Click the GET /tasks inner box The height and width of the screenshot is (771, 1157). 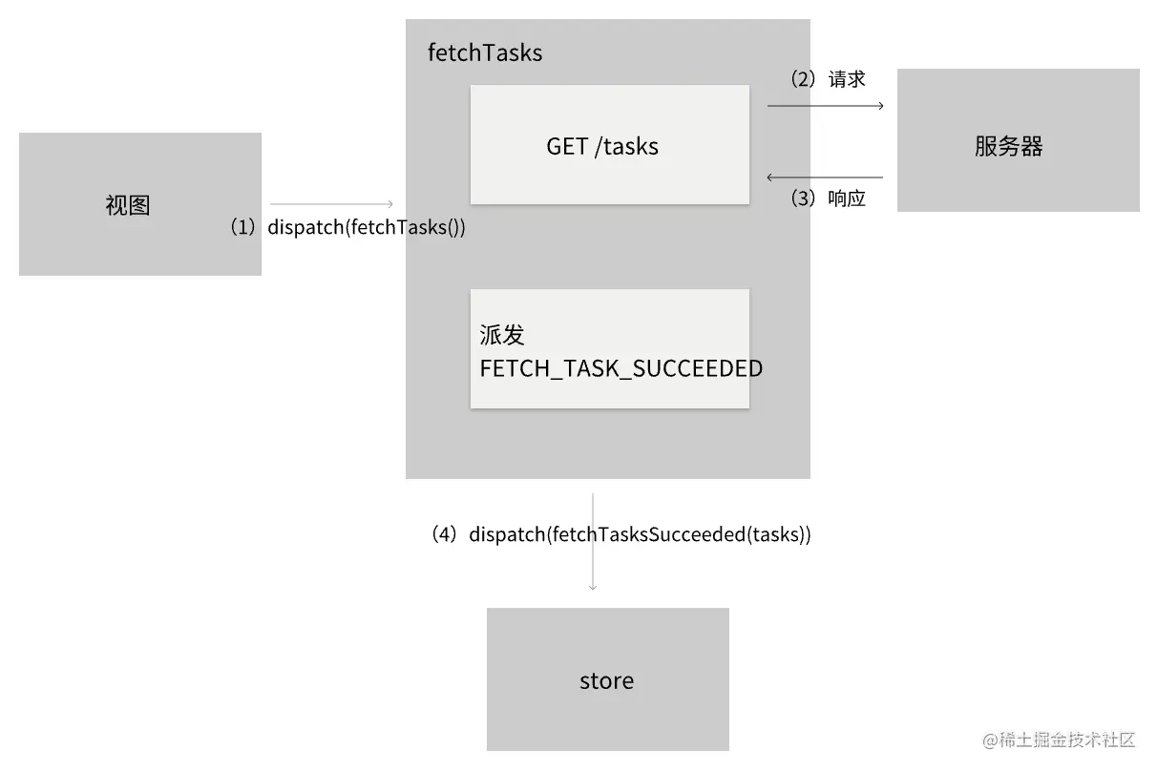point(609,145)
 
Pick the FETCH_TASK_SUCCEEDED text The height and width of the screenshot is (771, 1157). point(621,369)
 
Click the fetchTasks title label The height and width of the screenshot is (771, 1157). point(485,53)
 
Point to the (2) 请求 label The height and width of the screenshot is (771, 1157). point(828,79)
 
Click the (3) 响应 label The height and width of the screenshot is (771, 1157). point(828,199)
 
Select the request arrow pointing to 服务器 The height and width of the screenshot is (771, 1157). point(826,106)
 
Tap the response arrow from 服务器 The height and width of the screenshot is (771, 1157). point(826,177)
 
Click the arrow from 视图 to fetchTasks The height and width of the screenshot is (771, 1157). point(331,203)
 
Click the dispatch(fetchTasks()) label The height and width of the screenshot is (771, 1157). point(367,228)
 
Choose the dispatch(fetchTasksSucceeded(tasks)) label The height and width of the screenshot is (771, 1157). point(640,535)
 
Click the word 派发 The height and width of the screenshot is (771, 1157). point(502,336)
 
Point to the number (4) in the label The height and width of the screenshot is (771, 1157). point(445,535)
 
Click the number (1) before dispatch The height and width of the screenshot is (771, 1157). point(243,228)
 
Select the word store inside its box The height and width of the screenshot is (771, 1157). point(607,680)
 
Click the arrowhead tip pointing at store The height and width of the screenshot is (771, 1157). point(593,588)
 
